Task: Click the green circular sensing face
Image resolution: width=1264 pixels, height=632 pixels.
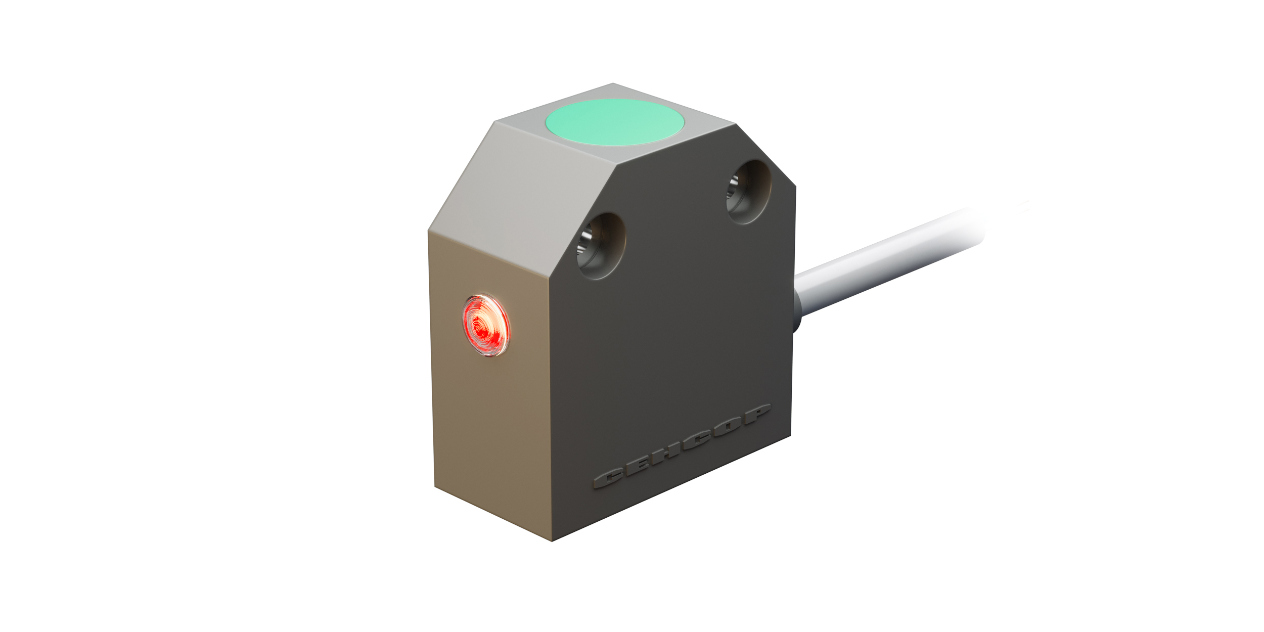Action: coord(614,122)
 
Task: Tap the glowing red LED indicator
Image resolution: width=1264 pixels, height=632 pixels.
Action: coord(486,326)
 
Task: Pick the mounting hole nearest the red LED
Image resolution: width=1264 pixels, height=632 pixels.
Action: coord(601,246)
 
